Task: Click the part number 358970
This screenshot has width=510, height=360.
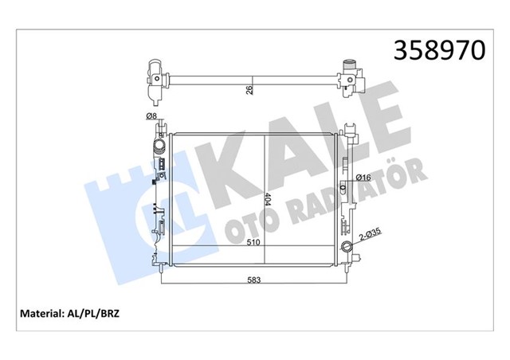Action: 439,50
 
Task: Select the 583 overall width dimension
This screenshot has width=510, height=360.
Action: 254,280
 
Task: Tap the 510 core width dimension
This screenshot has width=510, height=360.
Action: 253,242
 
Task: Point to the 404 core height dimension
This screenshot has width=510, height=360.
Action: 268,199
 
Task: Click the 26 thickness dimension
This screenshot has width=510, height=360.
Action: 249,90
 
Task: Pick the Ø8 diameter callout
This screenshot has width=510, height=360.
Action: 151,115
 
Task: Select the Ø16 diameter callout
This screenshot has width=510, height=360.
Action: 363,178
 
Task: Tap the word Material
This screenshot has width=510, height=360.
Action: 41,314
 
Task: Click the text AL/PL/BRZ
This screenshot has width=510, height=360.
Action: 92,314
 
